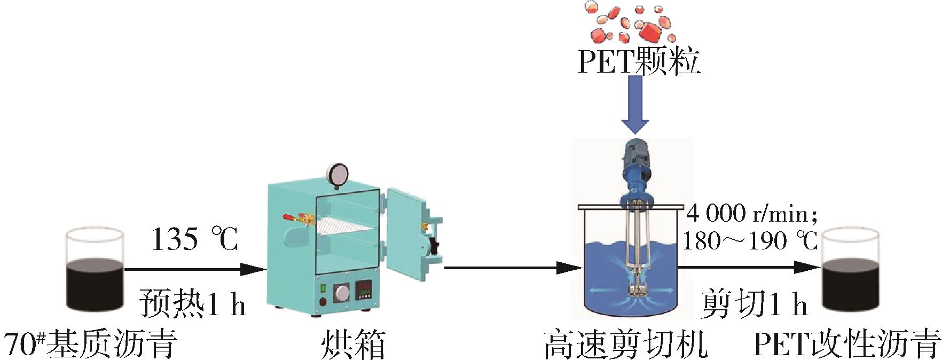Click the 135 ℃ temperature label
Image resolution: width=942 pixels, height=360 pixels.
click(194, 239)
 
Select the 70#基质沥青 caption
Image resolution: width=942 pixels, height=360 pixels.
click(91, 345)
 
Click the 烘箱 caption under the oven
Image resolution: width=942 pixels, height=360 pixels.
click(353, 345)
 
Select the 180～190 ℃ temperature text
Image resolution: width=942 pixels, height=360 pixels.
click(750, 241)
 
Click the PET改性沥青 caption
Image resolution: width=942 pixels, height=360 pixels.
click(846, 345)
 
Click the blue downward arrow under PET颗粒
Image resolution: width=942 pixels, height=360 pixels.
click(635, 104)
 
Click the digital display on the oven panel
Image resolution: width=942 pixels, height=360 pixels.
click(365, 289)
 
